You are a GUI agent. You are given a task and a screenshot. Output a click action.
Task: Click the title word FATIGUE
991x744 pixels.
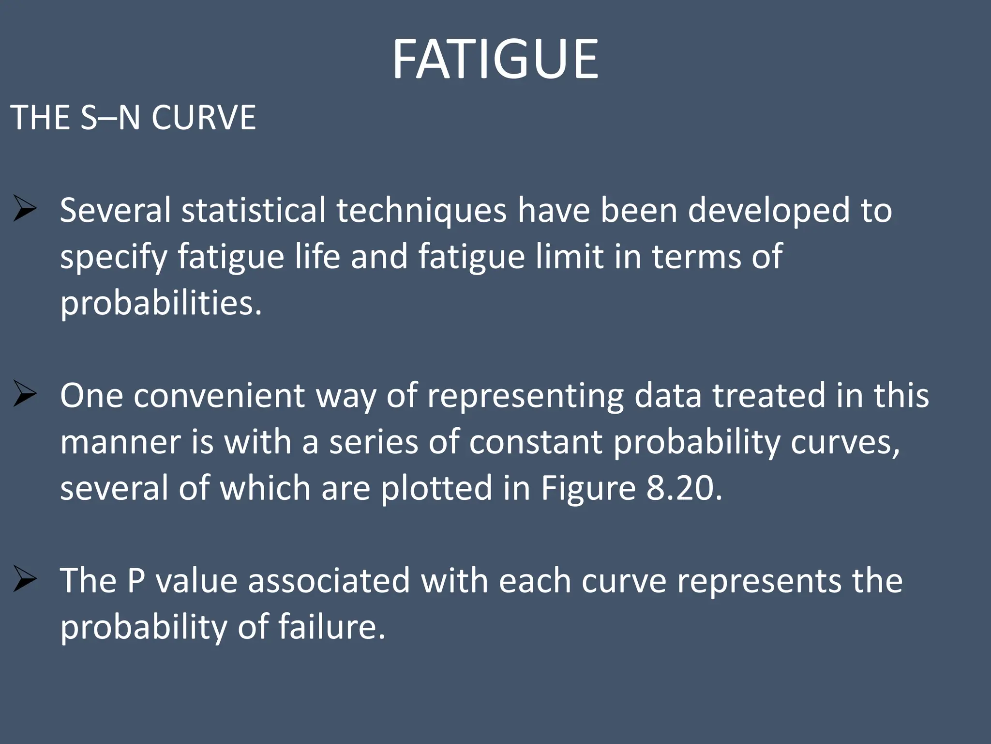click(495, 59)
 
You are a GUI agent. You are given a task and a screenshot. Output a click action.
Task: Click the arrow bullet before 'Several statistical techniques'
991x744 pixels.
click(25, 208)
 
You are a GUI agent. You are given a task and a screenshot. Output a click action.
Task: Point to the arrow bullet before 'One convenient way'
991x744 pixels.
click(25, 394)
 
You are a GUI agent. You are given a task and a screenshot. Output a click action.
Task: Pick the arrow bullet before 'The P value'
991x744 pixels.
click(25, 579)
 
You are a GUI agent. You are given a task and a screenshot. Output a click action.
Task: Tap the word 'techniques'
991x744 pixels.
click(421, 211)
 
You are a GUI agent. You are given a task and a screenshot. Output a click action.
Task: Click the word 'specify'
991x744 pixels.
click(113, 258)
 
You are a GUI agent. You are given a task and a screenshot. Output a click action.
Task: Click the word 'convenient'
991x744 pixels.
click(219, 396)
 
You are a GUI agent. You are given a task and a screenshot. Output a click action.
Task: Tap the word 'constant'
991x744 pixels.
click(536, 442)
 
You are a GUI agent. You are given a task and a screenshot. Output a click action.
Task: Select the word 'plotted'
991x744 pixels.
click(436, 489)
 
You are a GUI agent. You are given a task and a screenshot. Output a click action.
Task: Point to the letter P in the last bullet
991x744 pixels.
click(136, 581)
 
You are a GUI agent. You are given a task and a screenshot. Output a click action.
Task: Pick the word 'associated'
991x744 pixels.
click(329, 581)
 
